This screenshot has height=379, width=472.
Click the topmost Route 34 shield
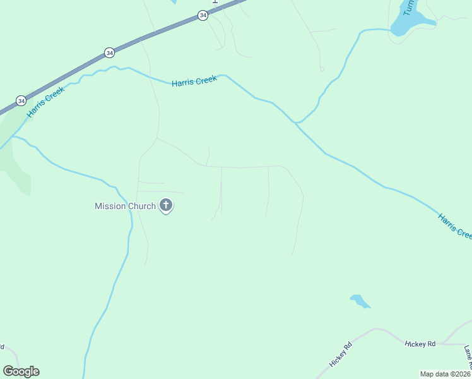pyautogui.click(x=203, y=15)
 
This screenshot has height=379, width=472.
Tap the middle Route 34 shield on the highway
pyautogui.click(x=110, y=52)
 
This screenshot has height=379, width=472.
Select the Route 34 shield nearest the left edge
pyautogui.click(x=21, y=100)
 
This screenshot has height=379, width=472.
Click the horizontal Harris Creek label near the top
pyautogui.click(x=194, y=81)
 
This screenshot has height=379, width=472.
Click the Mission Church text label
pyautogui.click(x=125, y=206)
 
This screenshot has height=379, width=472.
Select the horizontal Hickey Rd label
pyautogui.click(x=420, y=344)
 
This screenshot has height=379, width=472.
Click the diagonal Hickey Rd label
pyautogui.click(x=340, y=355)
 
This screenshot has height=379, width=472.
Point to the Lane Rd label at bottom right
pyautogui.click(x=468, y=357)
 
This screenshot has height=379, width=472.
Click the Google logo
pyautogui.click(x=21, y=371)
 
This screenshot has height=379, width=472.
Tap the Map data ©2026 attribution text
pyautogui.click(x=445, y=374)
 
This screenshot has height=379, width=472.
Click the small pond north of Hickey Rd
pyautogui.click(x=359, y=301)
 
